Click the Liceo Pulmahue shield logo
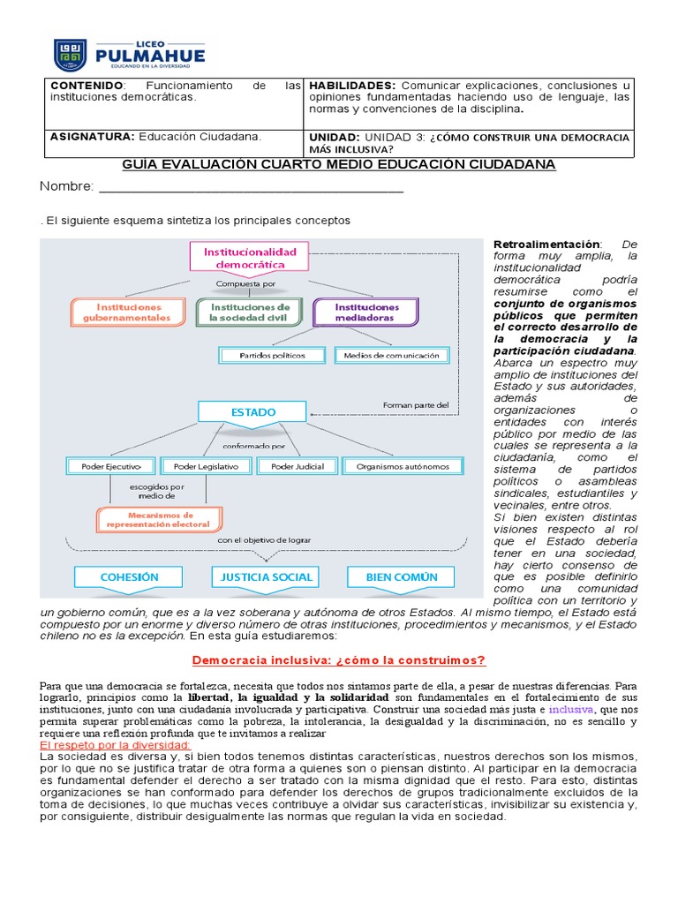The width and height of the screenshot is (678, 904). click(x=71, y=55)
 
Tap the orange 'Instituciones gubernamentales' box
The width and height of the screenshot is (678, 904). click(x=127, y=312)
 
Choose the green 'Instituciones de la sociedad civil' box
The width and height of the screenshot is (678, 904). click(x=250, y=312)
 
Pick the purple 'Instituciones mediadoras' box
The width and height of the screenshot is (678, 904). click(x=365, y=312)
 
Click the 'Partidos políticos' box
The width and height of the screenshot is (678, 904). click(x=272, y=355)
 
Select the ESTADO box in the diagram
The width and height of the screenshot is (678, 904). click(x=252, y=412)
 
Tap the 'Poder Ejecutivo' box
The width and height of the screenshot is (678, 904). click(x=111, y=466)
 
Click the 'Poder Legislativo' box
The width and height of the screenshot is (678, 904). click(x=208, y=466)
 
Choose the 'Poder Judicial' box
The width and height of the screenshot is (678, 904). click(x=297, y=466)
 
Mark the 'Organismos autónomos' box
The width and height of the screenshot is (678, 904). click(x=395, y=466)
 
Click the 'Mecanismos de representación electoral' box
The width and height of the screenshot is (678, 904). click(x=159, y=519)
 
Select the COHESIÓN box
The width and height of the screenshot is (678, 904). click(x=129, y=577)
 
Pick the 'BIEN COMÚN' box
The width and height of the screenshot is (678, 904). click(x=402, y=577)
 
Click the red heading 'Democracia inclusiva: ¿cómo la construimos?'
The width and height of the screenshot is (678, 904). click(x=339, y=660)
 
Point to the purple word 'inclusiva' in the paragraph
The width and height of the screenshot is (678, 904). click(x=571, y=709)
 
